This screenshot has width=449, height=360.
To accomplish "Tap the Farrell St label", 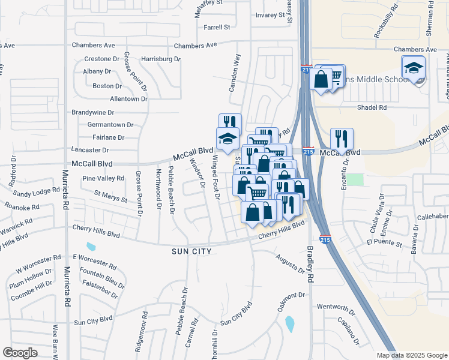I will click(217, 28).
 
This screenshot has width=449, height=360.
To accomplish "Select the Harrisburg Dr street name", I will click(161, 59).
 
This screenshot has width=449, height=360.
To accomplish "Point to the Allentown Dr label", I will click(128, 98).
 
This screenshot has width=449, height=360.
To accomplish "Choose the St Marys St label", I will click(110, 196).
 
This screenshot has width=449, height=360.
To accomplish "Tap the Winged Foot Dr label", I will click(217, 175).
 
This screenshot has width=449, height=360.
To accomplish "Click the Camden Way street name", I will click(235, 72).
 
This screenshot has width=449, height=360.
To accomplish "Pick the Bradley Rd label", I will click(310, 264).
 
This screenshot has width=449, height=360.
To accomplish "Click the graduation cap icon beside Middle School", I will click(414, 68).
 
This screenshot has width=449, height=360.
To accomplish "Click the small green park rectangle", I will click(357, 179).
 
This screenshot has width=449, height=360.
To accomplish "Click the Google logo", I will click(20, 353).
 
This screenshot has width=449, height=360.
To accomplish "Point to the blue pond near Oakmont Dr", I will click(290, 324).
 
